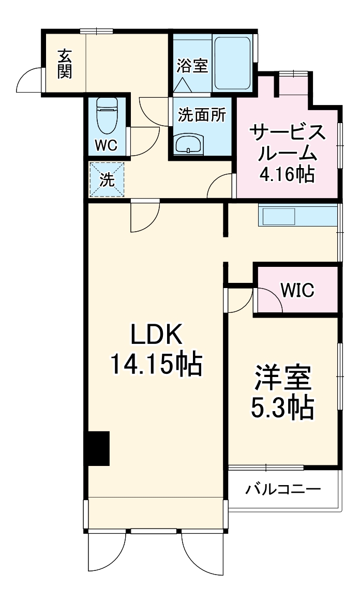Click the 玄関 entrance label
64,64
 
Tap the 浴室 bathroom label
192,66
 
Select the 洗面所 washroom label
202,115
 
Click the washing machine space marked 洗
107,179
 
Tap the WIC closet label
297,291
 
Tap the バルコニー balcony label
283,489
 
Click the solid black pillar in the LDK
98,448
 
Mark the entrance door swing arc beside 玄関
29,82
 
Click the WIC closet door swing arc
269,300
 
